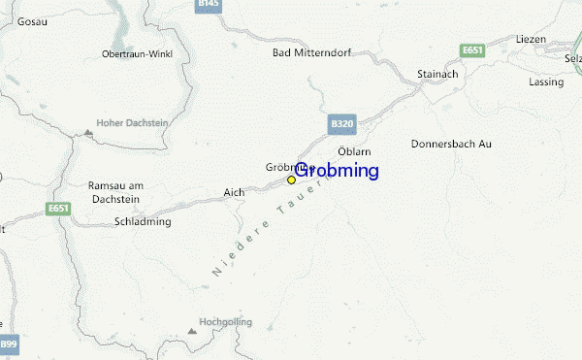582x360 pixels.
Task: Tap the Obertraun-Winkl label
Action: click(137, 53)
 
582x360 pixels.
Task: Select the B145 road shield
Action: click(209, 5)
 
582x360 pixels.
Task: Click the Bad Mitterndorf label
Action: click(307, 51)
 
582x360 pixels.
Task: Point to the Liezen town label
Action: click(532, 39)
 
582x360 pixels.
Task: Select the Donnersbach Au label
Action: click(451, 144)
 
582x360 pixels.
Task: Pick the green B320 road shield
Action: click(341, 124)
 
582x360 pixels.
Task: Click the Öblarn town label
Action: click(354, 151)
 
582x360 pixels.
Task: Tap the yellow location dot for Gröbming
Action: click(291, 180)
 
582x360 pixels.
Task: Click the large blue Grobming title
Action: click(336, 171)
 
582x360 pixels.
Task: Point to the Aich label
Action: click(234, 191)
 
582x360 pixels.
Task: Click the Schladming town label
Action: click(143, 221)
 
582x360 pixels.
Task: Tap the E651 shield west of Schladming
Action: click(58, 208)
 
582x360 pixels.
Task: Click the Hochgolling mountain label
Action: click(225, 320)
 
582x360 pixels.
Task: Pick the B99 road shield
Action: click(9, 344)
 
